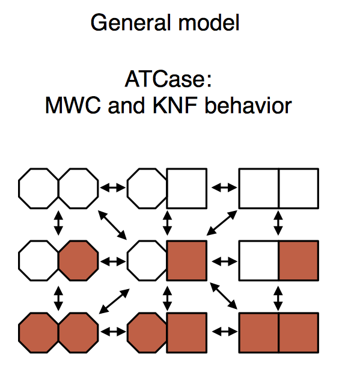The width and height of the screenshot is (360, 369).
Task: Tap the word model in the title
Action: (x=209, y=23)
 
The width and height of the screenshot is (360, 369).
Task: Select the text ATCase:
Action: (x=168, y=79)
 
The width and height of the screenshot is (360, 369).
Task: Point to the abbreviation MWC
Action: (x=73, y=105)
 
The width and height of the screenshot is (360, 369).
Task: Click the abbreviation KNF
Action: (x=175, y=105)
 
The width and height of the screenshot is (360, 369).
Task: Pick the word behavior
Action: (x=248, y=105)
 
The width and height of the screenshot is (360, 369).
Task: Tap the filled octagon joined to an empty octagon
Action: (x=78, y=260)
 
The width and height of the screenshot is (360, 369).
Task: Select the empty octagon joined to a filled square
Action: (x=147, y=260)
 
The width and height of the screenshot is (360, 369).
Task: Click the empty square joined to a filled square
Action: (x=258, y=260)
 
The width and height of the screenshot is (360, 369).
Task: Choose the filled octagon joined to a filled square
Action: (x=147, y=333)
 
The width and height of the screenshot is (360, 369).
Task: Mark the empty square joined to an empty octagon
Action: (x=187, y=188)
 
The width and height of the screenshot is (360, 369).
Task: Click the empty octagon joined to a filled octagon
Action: (x=38, y=260)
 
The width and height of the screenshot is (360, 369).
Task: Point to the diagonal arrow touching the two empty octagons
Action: (x=112, y=225)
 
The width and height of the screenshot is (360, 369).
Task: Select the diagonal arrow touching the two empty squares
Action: (x=222, y=222)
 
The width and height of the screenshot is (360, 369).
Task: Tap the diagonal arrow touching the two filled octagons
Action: (x=114, y=301)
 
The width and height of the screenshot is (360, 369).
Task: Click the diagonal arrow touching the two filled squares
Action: (x=224, y=296)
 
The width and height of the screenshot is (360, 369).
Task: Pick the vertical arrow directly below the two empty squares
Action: (x=278, y=223)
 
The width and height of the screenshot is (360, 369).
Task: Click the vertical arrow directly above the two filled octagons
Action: (x=58, y=298)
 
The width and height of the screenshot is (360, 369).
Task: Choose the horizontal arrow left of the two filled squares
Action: (x=224, y=332)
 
